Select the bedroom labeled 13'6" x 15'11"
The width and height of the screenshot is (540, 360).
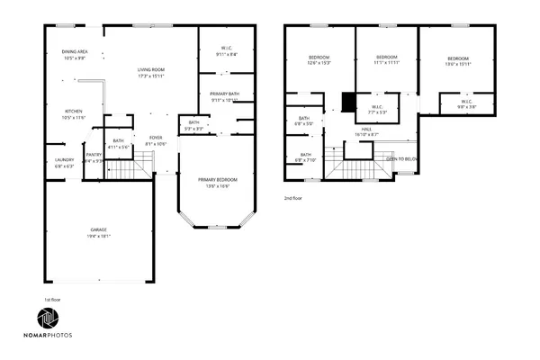[458, 58]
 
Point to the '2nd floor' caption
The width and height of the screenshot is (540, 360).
[293, 197]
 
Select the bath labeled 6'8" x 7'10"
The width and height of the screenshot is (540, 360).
[305, 156]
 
